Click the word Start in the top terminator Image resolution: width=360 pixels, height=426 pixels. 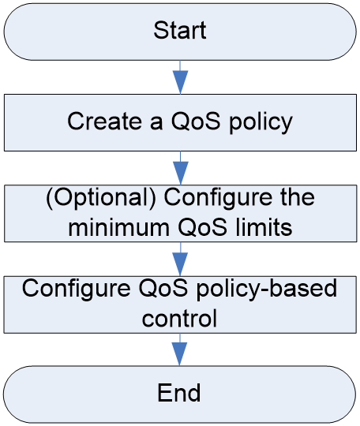[180, 30]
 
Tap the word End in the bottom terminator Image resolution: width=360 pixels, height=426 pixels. [179, 393]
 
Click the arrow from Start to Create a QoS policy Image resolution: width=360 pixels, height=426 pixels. [180, 77]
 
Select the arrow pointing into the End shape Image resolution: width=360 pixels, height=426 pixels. [179, 349]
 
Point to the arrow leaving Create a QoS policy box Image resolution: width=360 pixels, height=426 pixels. [181, 168]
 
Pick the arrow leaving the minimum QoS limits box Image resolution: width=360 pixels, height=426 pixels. [180, 260]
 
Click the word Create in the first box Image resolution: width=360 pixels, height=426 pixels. [104, 121]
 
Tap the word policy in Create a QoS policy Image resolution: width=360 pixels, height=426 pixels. [261, 122]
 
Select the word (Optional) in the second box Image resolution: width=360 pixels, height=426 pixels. [101, 198]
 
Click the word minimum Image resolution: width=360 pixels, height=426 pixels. [119, 227]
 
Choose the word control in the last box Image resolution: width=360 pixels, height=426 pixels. [179, 318]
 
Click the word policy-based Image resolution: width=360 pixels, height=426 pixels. [267, 290]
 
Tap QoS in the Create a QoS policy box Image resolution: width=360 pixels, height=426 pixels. [196, 121]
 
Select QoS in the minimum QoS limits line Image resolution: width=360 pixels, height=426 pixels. [202, 227]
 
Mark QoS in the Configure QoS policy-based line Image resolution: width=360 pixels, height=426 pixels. [163, 288]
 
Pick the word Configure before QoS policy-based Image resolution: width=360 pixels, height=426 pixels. [76, 290]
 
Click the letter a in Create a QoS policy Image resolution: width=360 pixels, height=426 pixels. [156, 123]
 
